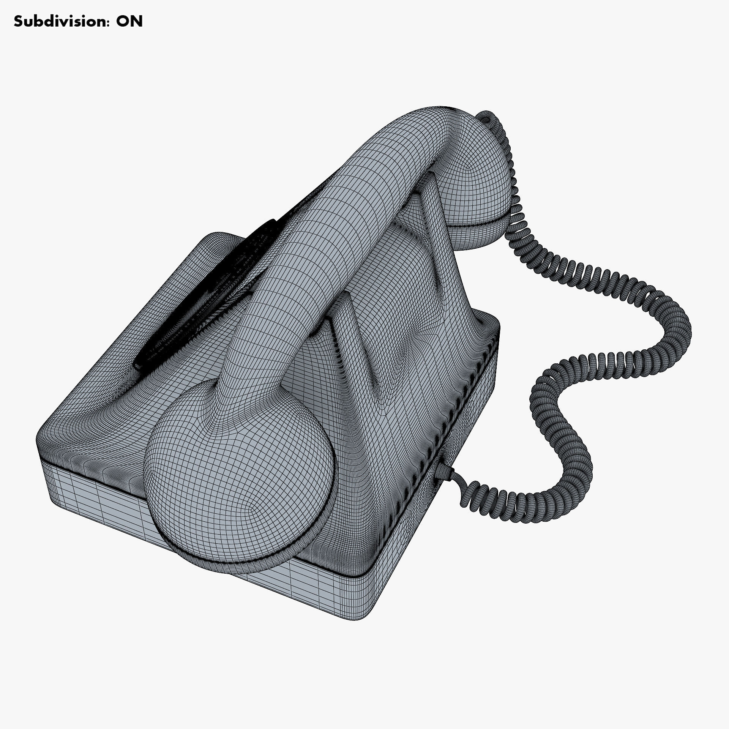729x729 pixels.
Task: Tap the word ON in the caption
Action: [129, 22]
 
